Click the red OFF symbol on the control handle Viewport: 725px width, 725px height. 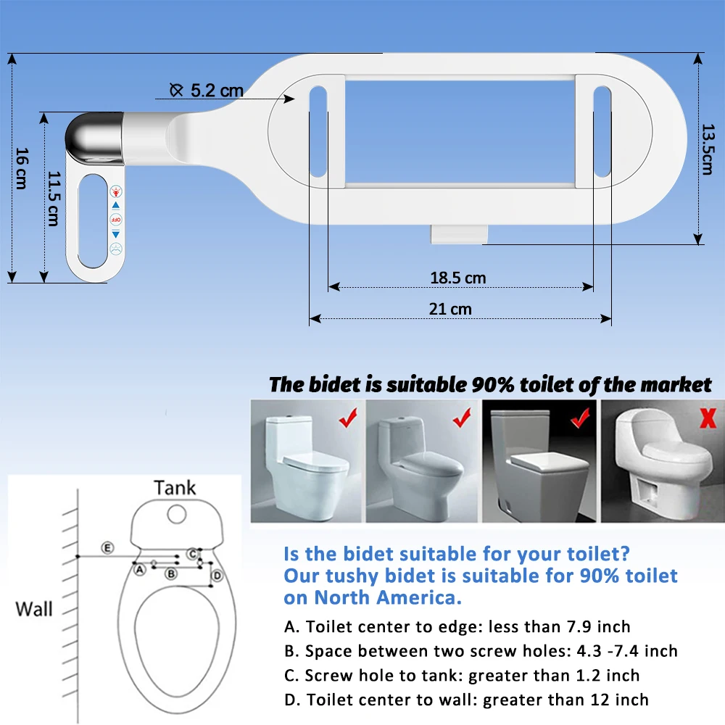pos(115,219)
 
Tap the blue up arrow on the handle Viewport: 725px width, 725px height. pos(115,205)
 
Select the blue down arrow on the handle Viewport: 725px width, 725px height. pos(115,233)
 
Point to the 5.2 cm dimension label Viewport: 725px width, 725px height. pos(216,91)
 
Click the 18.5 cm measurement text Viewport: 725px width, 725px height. pos(458,278)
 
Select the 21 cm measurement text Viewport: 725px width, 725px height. pos(450,309)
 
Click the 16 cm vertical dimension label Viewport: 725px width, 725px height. pos(21,168)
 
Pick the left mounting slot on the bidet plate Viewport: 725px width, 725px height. pos(318,132)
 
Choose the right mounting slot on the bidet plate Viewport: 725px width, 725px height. pos(602,132)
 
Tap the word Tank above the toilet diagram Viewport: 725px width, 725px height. pos(175,487)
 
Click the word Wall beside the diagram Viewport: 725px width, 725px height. pos(34,608)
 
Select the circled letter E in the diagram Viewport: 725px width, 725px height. pos(107,547)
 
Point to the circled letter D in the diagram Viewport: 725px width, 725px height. pos(217,576)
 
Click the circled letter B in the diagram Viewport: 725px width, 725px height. pos(171,573)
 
